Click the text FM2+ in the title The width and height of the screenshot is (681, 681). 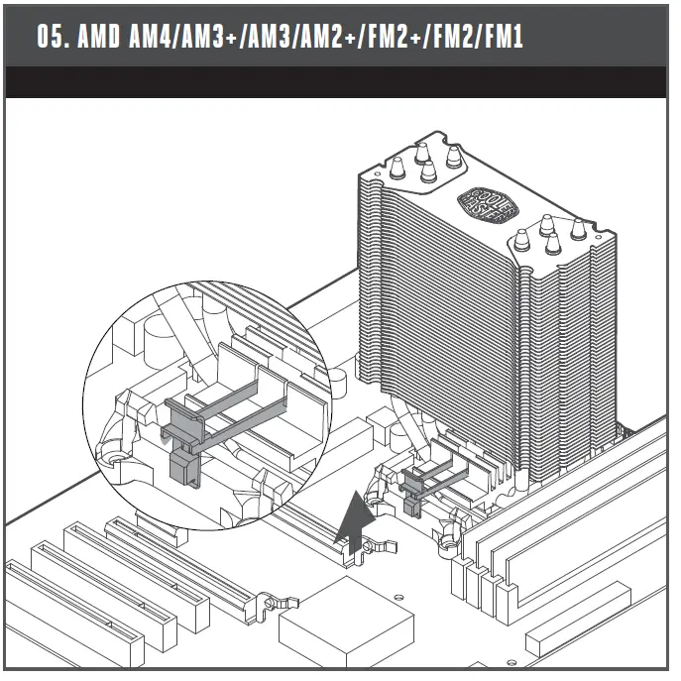coord(395,36)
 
